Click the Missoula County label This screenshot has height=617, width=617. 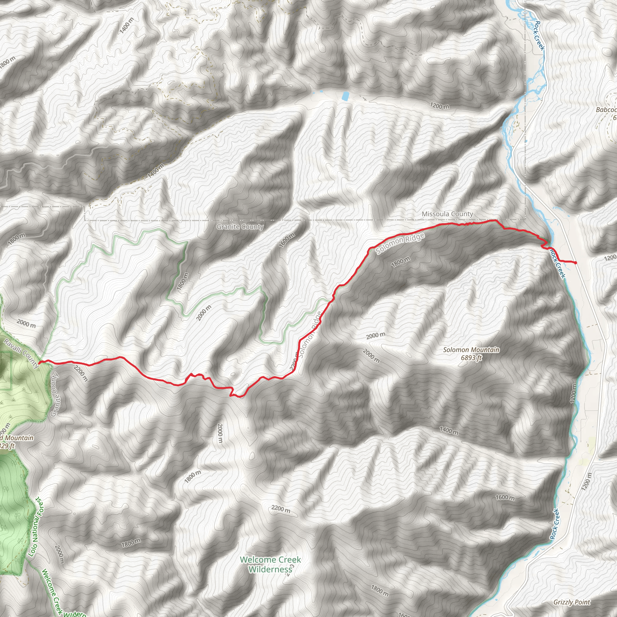[x=447, y=214]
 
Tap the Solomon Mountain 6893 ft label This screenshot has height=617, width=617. [x=471, y=353]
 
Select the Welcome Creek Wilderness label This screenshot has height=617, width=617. [x=270, y=564]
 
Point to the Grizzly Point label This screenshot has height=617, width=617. [x=572, y=602]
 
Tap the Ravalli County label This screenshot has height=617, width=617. [x=21, y=353]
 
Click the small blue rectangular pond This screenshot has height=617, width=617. [x=345, y=96]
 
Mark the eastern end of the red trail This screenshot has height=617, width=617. [x=576, y=263]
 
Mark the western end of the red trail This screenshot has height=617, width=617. [x=39, y=363]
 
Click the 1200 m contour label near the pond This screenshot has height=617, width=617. [x=440, y=106]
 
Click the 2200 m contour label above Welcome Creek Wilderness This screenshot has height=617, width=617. [x=281, y=509]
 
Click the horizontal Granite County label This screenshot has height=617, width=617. [x=240, y=227]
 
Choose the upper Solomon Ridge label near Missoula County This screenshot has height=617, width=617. [x=400, y=243]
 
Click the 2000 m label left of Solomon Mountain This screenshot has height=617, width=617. [x=376, y=335]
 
